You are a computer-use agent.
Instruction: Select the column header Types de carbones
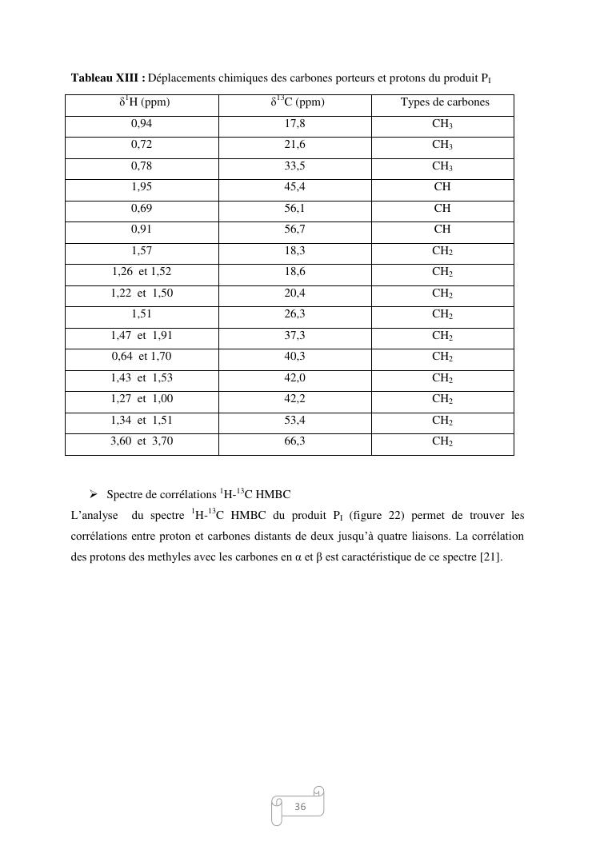(x=444, y=102)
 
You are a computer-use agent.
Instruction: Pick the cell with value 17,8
(x=294, y=124)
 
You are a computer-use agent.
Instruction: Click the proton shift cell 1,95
(x=142, y=187)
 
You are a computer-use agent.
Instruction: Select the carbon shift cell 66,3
(x=294, y=441)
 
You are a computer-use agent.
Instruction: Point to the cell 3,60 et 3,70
(x=142, y=441)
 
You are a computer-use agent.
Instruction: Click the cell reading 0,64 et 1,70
(x=142, y=356)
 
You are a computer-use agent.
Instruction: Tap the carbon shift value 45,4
(x=294, y=187)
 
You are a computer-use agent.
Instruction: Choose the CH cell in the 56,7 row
(x=442, y=229)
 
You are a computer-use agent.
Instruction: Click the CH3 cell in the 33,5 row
(x=442, y=166)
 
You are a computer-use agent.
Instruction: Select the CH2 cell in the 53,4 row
(x=442, y=420)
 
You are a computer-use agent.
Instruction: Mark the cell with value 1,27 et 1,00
(x=142, y=398)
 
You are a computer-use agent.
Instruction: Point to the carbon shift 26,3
(x=294, y=314)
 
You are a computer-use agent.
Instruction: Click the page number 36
(x=300, y=807)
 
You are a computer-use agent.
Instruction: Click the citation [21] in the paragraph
(x=490, y=557)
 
